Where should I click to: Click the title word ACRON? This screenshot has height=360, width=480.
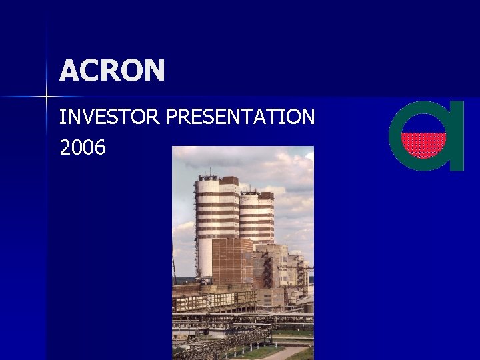tap(112, 71)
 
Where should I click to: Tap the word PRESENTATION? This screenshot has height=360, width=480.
tap(241, 117)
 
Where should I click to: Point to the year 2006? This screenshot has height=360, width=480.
tap(83, 148)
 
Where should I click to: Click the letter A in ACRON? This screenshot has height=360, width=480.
tap(70, 71)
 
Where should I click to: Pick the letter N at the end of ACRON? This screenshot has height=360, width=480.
tap(154, 71)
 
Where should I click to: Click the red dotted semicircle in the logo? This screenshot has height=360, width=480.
tap(423, 144)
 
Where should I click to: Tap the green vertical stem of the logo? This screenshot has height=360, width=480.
tap(456, 137)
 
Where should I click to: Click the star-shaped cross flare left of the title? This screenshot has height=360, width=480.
tap(47, 97)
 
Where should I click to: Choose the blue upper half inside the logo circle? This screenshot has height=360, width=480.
tap(423, 123)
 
